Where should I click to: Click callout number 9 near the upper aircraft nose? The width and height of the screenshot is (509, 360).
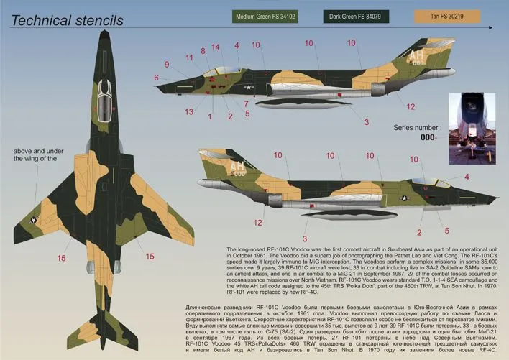(x=166, y=65)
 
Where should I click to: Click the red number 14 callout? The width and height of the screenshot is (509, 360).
(x=215, y=47)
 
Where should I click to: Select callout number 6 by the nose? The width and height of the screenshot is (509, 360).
(x=155, y=77)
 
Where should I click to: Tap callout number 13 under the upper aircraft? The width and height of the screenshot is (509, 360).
(x=189, y=111)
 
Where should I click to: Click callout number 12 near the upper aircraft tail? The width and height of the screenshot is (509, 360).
(x=411, y=107)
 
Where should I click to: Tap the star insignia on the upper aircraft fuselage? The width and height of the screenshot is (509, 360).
(x=249, y=88)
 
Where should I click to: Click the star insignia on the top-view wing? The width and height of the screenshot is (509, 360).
(x=34, y=222)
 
